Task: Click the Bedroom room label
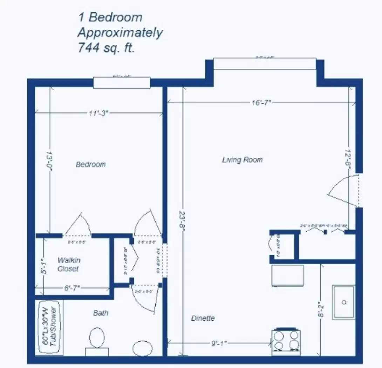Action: pyautogui.click(x=90, y=164)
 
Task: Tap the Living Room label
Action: pyautogui.click(x=242, y=160)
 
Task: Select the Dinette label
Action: pyautogui.click(x=203, y=318)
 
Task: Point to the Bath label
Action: pyautogui.click(x=100, y=313)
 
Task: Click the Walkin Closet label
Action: pyautogui.click(x=69, y=265)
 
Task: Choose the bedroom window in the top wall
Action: pyautogui.click(x=122, y=83)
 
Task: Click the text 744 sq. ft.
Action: pyautogui.click(x=106, y=48)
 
